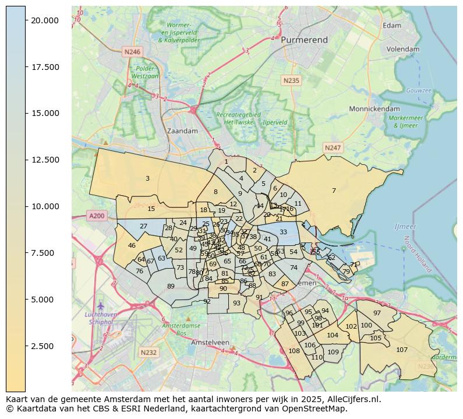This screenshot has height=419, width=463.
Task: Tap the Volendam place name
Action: pyautogui.click(x=403, y=50)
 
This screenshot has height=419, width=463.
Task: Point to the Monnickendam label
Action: pyautogui.click(x=374, y=109)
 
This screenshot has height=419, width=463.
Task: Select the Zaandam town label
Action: pyautogui.click(x=182, y=131)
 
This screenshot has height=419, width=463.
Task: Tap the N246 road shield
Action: pyautogui.click(x=132, y=52)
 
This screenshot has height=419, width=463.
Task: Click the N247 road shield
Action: pyautogui.click(x=333, y=148)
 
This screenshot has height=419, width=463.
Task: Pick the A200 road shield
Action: pyautogui.click(x=97, y=216)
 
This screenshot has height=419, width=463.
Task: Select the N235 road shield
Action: pyautogui.click(x=291, y=80)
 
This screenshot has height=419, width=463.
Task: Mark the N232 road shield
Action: pyautogui.click(x=149, y=353)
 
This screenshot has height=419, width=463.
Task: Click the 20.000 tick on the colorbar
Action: pyautogui.click(x=45, y=20)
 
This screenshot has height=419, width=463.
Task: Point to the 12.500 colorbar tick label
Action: pyautogui.click(x=45, y=160)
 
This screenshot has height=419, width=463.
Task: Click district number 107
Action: pyautogui.click(x=402, y=350)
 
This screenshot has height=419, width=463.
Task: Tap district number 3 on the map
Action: pyautogui.click(x=147, y=179)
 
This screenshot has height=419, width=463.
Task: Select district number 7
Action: pyautogui.click(x=334, y=191)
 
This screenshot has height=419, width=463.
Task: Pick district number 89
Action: pyautogui.click(x=171, y=286)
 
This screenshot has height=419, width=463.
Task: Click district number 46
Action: pyautogui.click(x=132, y=246)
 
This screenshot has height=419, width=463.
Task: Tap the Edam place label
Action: pyautogui.click(x=393, y=26)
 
